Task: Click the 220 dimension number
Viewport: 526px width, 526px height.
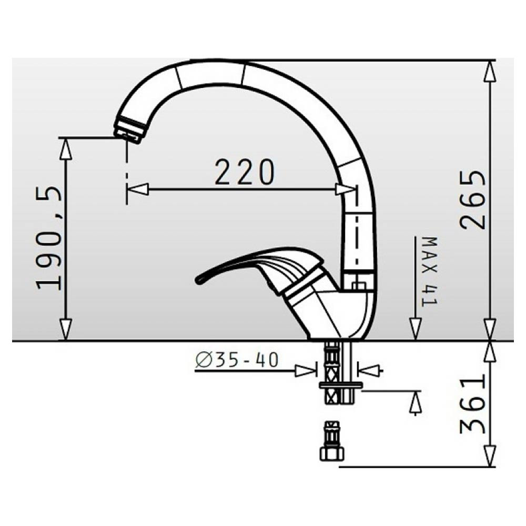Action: (245, 172)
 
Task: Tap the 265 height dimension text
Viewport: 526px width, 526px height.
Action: (473, 200)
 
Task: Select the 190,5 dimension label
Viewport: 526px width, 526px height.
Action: (49, 238)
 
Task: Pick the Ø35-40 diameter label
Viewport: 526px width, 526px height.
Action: (237, 360)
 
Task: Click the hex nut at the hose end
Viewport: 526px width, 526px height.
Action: (332, 454)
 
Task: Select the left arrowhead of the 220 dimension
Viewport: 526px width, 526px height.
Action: (137, 189)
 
